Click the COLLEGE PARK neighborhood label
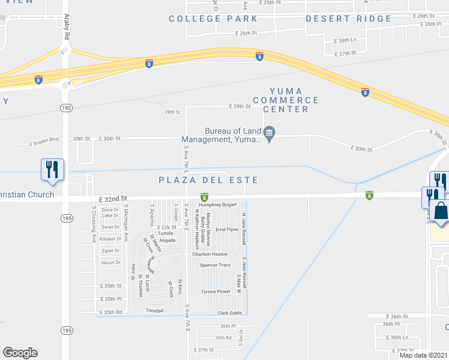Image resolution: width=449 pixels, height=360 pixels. pos(213,19)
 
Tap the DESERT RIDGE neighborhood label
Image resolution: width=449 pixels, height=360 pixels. pos(349,19)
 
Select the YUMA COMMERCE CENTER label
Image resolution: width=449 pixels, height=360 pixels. pos(286,100)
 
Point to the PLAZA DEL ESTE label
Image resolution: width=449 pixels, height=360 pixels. pos(208,180)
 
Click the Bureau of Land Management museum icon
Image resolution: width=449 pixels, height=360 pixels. pos(270,133)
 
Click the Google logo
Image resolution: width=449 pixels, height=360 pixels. pos(20,352)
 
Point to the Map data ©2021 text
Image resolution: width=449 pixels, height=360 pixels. pos(424,355)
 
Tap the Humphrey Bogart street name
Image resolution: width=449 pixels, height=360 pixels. pos(221,205)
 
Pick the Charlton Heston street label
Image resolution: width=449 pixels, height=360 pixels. pos(210,254)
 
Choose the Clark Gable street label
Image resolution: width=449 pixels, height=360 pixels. pos(229,313)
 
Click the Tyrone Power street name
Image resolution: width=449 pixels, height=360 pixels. pos(215,292)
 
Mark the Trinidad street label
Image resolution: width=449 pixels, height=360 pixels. pos(155,310)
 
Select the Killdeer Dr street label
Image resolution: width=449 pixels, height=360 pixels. pos(111,239)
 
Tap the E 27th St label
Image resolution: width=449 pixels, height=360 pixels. pos(346,53)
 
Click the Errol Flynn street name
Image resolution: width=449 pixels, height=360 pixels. pos(227,230)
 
